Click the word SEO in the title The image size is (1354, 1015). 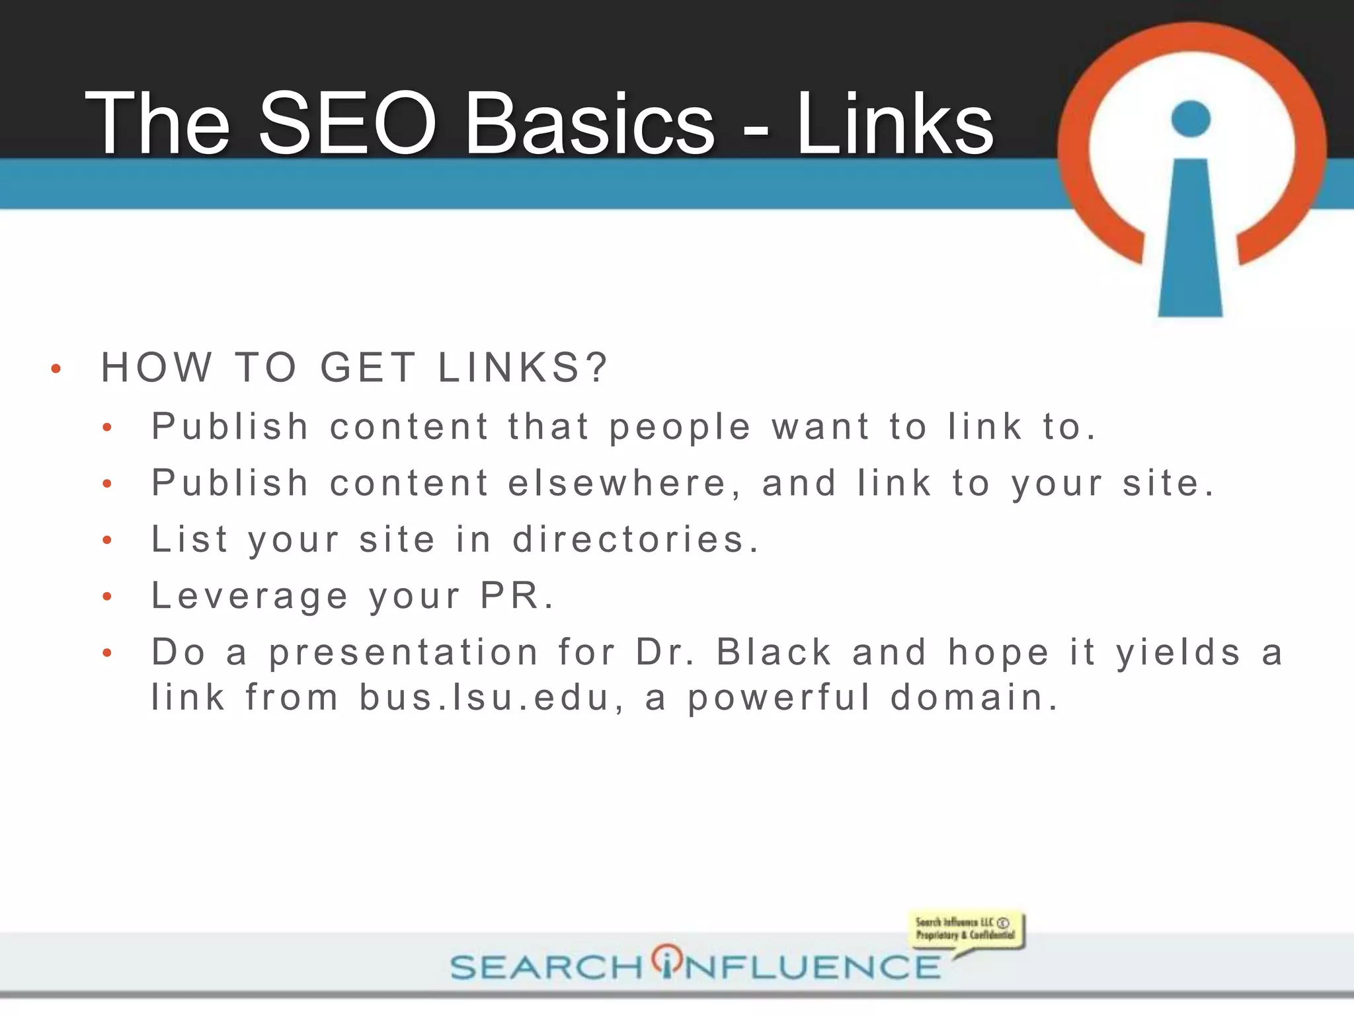click(348, 124)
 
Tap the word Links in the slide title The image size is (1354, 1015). click(895, 124)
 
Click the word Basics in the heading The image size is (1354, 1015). click(589, 124)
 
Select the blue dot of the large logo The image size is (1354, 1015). click(1190, 119)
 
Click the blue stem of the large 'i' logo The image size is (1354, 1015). click(1190, 238)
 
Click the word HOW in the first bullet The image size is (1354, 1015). click(157, 367)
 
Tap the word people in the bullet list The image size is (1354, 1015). click(680, 428)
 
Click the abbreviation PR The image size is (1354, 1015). click(510, 595)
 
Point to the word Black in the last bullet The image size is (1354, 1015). click(774, 652)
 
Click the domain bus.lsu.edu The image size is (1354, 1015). click(486, 698)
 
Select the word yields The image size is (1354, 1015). click(1179, 652)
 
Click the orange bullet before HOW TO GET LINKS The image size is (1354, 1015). click(56, 369)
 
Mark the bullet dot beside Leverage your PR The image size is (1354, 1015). click(107, 597)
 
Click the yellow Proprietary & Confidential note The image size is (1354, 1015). click(965, 930)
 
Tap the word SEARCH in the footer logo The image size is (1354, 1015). click(546, 967)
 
